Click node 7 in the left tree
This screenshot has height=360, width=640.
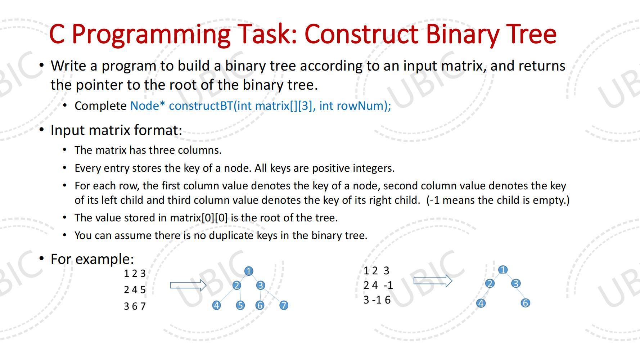pos(284,305)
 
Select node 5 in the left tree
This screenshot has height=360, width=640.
pos(240,305)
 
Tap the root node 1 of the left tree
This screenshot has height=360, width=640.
pos(248,271)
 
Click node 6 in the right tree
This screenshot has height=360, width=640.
pos(525,303)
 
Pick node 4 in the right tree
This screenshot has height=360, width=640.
pos(481,303)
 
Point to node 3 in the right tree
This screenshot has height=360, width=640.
pos(515,283)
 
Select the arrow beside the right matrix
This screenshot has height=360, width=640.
pos(432,281)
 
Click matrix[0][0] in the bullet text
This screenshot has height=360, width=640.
pos(199,218)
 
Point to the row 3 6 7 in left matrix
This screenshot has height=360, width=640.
pos(135,306)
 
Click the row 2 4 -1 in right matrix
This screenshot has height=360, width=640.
pos(378,285)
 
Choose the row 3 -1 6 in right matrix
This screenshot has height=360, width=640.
pos(377,300)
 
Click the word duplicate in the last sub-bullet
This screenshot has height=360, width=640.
pos(231,235)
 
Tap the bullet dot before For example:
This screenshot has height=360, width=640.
pos(42,258)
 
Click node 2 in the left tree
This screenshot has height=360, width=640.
pos(236,285)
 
